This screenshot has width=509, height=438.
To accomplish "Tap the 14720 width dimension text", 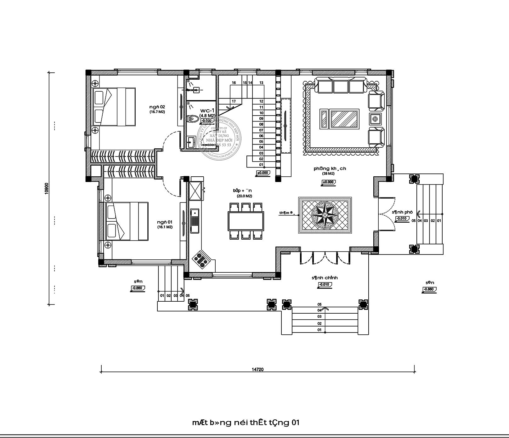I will pyautogui.click(x=257, y=369).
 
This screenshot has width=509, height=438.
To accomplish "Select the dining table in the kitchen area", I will pyautogui.click(x=246, y=221).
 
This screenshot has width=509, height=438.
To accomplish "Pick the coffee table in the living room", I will pyautogui.click(x=344, y=119).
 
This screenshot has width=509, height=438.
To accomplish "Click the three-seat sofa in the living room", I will pyautogui.click(x=341, y=87).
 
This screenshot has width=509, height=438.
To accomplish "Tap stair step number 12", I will pyautogui.click(x=261, y=101).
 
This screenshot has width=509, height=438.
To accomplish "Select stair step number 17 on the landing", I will pyautogui.click(x=234, y=101).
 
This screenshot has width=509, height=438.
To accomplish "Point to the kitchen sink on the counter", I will pyautogui.click(x=195, y=220).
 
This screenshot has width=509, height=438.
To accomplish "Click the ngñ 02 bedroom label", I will pyautogui.click(x=157, y=107).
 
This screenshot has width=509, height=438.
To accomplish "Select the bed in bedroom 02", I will pyautogui.click(x=114, y=107).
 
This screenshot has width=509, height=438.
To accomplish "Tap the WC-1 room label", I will pyautogui.click(x=207, y=111).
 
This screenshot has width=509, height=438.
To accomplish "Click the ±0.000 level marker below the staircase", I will pyautogui.click(x=263, y=173).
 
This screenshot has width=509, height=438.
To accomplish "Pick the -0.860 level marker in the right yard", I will pyautogui.click(x=429, y=289).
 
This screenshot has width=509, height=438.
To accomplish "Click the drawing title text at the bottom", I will pyautogui.click(x=246, y=413).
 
